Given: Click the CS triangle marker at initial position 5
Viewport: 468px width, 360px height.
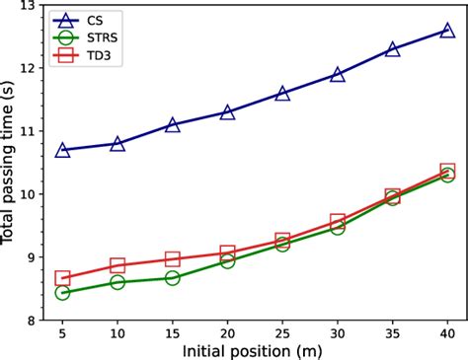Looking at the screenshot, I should pos(62,150).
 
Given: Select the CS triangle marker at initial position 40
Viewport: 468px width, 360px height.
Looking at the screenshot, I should pos(447,31).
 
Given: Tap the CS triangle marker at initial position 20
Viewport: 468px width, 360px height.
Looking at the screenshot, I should pos(227,112).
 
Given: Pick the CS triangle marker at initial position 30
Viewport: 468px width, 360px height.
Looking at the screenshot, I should pos(338,74).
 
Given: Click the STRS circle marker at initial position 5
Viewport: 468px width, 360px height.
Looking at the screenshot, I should pos(62,293).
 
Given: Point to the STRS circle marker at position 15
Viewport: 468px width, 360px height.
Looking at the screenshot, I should pos(173,278).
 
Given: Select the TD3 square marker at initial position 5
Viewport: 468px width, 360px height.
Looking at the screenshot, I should pos(62,278).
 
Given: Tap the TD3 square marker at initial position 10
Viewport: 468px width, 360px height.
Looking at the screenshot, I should pos(117,265).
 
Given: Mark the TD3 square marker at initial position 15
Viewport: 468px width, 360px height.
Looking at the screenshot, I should pos(173,259).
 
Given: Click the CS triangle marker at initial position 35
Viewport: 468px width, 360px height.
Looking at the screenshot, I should pos(393,49).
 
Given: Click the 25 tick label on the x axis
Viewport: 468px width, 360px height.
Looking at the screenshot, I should pos(282,333).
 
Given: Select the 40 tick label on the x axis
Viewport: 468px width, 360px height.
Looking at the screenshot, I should pos(447,333).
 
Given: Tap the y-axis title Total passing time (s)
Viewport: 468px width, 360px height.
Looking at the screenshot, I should pos(9,164).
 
